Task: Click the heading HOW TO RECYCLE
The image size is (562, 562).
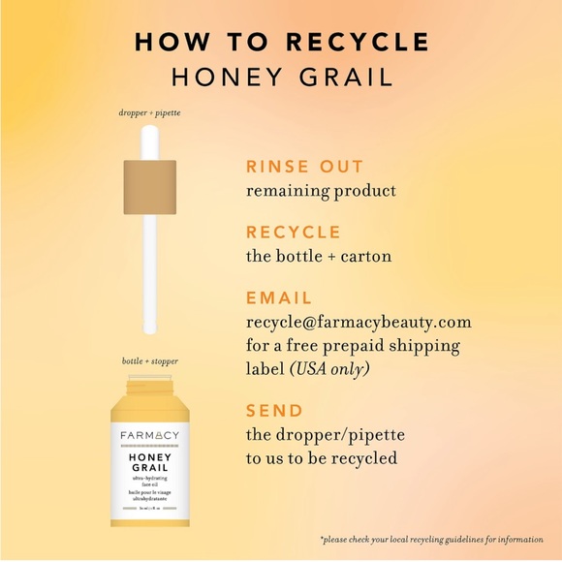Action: click(281, 42)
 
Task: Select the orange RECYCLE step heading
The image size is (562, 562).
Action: click(294, 233)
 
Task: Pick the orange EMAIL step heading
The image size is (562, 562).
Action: click(279, 298)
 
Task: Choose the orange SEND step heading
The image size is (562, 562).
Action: click(274, 411)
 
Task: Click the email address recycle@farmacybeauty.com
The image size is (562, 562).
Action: click(359, 322)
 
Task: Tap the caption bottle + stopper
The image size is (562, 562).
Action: click(149, 361)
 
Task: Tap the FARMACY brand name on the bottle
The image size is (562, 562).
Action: click(149, 435)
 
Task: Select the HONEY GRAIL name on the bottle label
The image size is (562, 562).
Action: click(149, 461)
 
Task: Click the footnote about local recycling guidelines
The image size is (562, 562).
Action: click(430, 539)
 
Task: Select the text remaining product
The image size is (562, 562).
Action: click(321, 191)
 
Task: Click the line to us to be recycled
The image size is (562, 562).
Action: click(321, 458)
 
